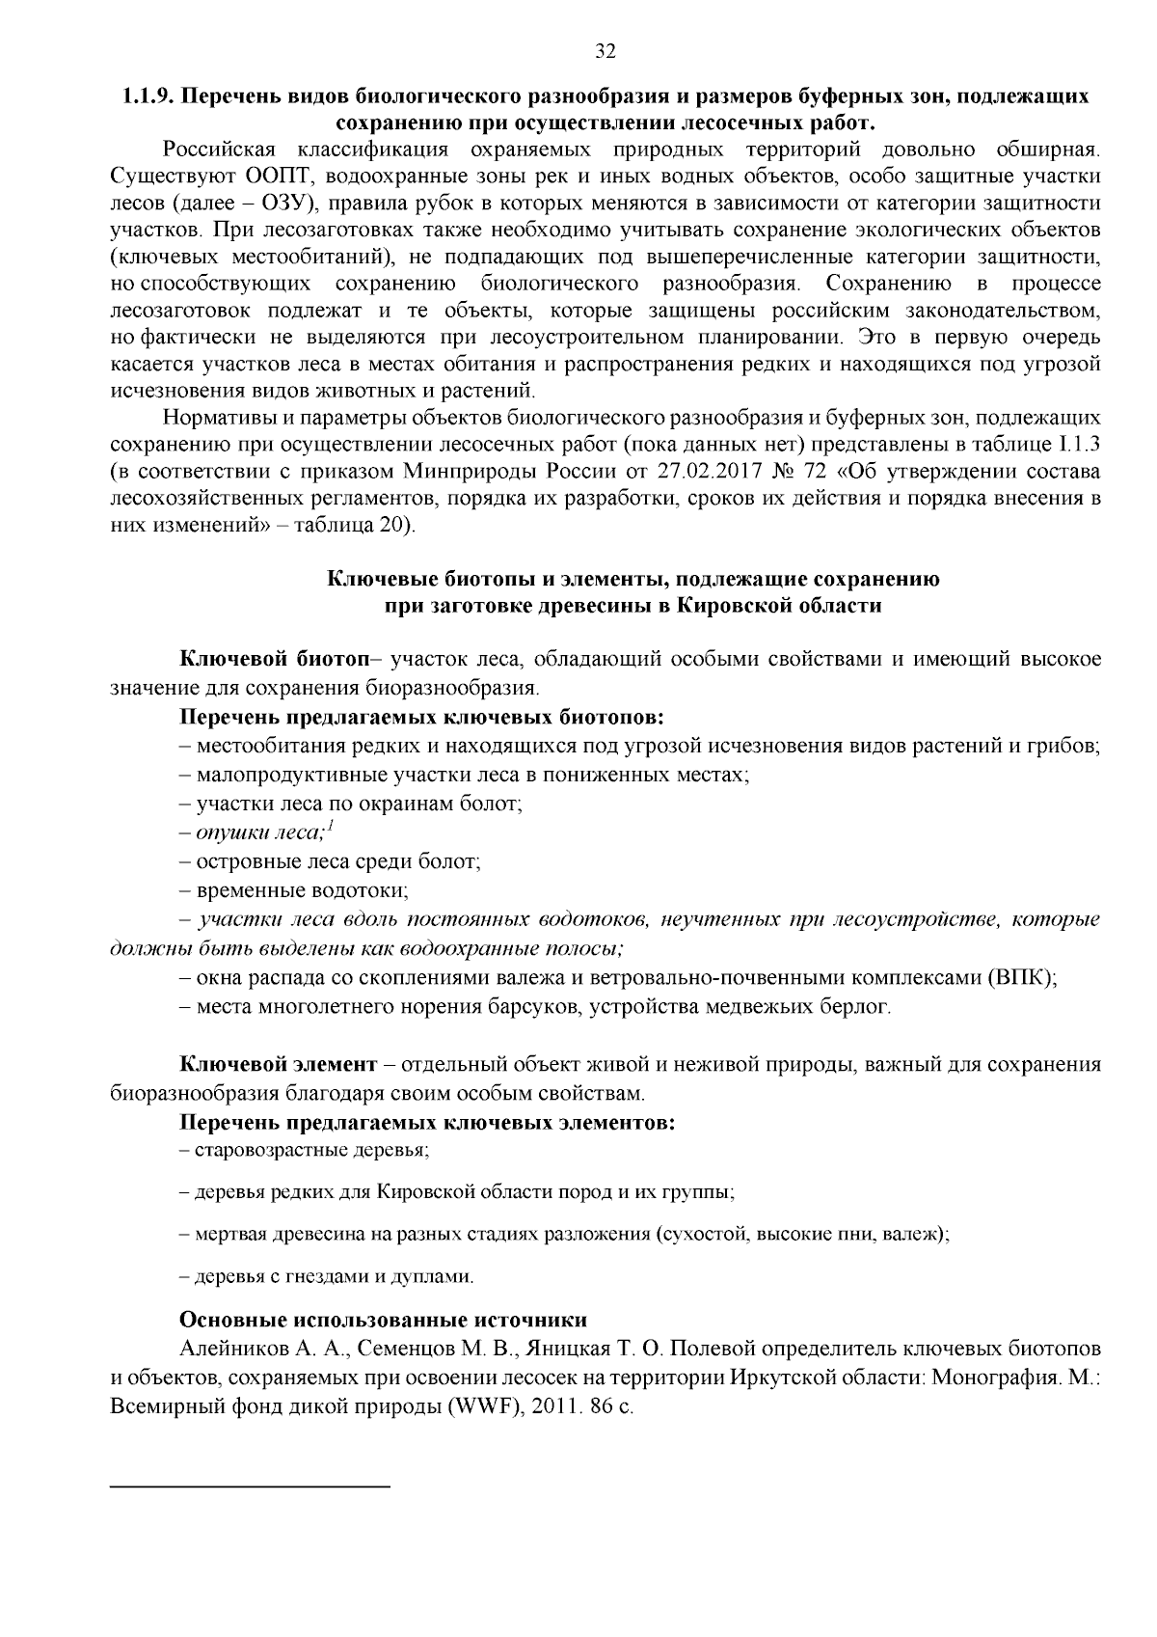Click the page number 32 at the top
tap(605, 52)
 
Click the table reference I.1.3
tap(1079, 445)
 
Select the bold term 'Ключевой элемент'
tap(278, 1065)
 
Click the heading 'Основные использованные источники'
tap(383, 1320)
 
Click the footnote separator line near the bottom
tap(251, 1487)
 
